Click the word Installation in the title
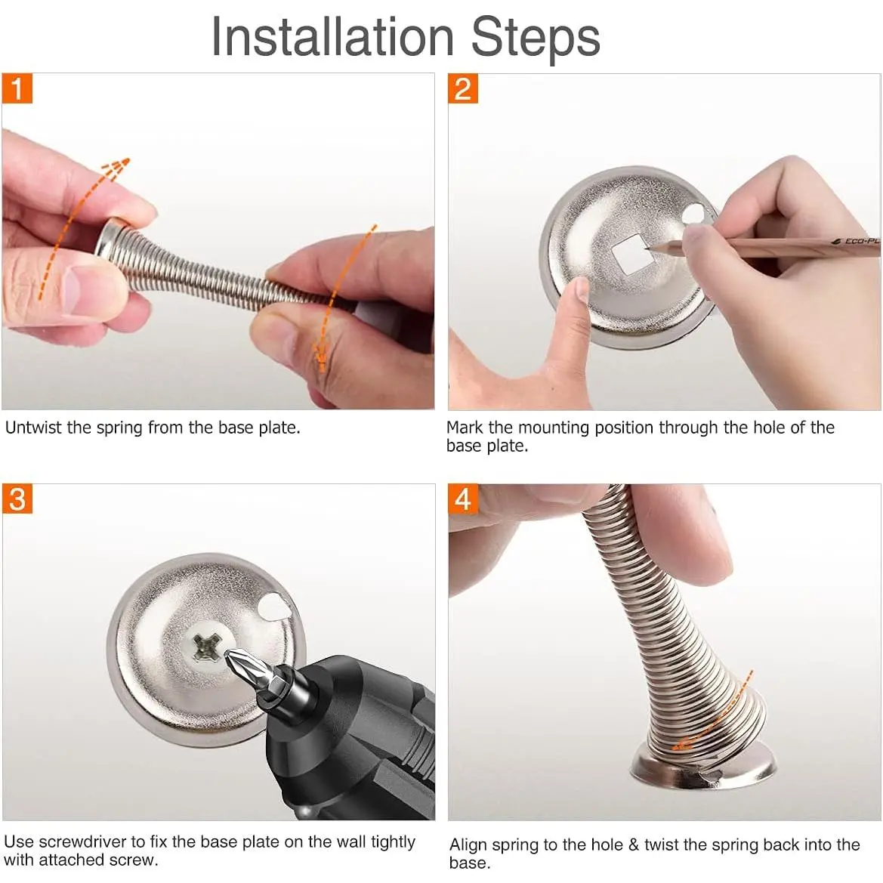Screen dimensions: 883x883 [x=332, y=37]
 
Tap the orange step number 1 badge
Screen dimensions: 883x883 [x=17, y=88]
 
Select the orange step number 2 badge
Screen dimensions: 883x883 [x=463, y=88]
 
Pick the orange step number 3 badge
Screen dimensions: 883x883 [x=17, y=499]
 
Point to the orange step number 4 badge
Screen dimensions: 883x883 [x=463, y=499]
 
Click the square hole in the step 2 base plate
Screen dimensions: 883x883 [x=630, y=253]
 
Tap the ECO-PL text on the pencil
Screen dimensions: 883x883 [x=861, y=241]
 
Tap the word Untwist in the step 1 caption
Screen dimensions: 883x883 [x=34, y=428]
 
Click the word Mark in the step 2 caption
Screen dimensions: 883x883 [x=465, y=428]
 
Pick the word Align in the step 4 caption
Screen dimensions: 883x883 [x=468, y=845]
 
